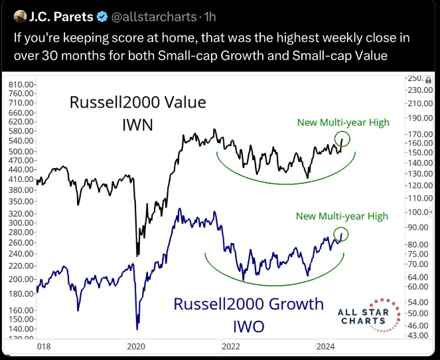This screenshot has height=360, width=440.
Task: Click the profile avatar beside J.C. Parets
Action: pos(19,15)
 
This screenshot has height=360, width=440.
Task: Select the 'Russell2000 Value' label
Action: pos(138,104)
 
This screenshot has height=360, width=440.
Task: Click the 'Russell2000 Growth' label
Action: pos(249,304)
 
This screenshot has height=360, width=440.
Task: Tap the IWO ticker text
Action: pos(248,325)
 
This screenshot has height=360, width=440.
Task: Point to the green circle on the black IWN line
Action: pos(343,139)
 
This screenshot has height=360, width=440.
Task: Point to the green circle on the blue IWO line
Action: pos(342,234)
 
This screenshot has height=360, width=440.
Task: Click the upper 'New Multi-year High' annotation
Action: pos(342,122)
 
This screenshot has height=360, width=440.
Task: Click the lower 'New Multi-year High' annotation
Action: pos(341,216)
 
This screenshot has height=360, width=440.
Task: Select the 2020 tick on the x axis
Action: pos(136,346)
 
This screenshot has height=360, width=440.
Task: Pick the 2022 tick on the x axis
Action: pos(230,346)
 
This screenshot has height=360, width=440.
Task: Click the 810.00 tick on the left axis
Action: pos(23,84)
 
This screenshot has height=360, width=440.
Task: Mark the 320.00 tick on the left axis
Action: pos(23,214)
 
